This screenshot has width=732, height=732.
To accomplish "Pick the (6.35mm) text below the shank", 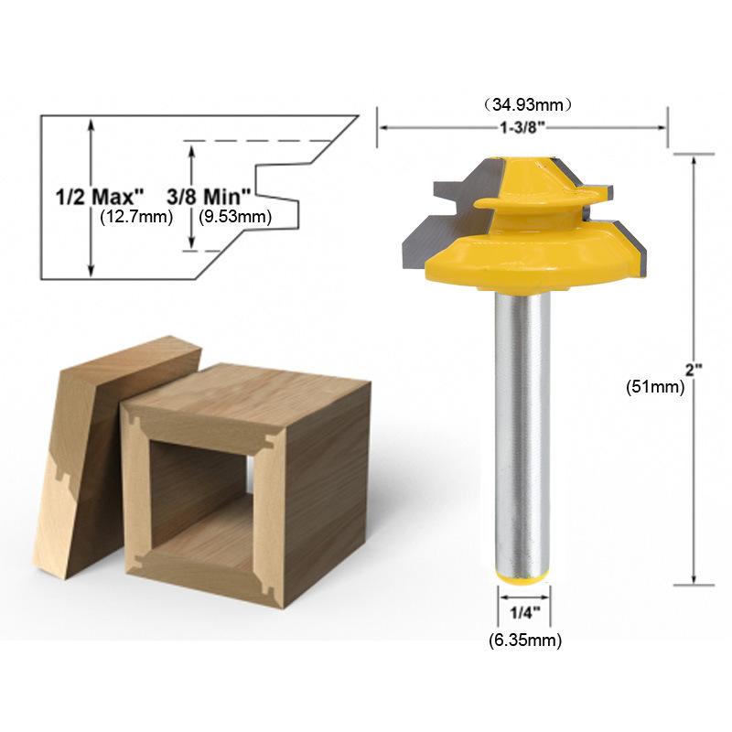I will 523,640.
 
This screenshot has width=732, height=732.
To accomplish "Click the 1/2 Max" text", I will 95,197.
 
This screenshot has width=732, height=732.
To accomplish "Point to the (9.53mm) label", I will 235,217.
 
